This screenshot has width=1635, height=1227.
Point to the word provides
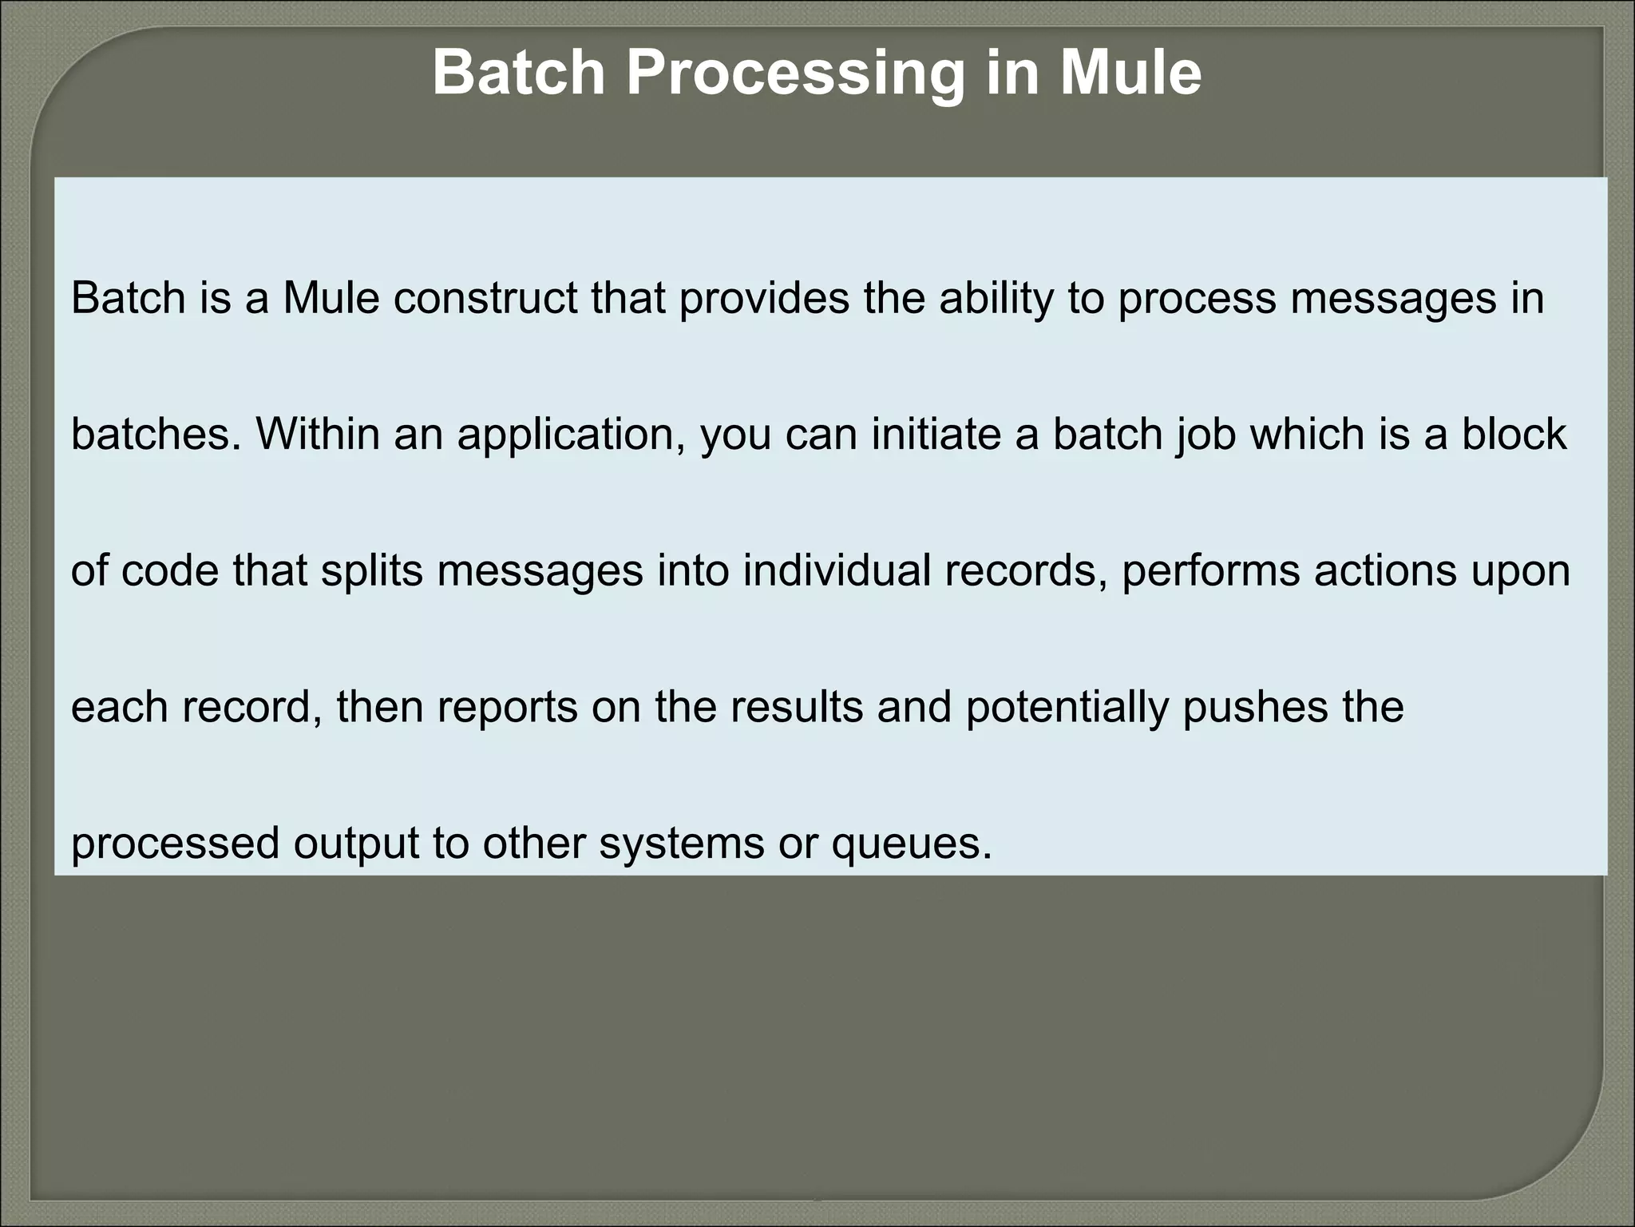(x=765, y=298)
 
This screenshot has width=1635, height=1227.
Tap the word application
(x=571, y=435)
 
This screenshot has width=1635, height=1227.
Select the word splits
(x=372, y=571)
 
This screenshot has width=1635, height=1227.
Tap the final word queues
(x=911, y=844)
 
